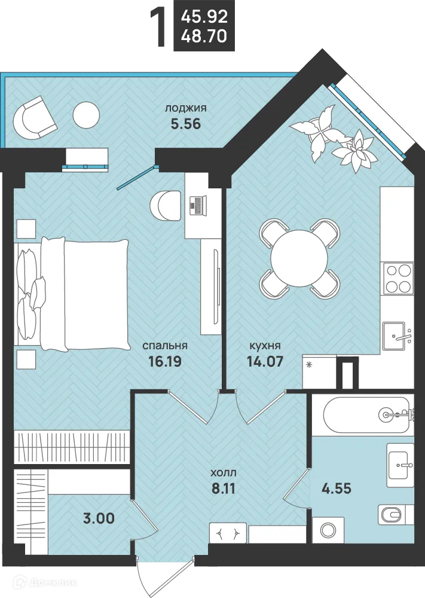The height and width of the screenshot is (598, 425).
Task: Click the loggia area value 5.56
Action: point(186,124)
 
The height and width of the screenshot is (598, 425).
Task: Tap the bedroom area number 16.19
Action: point(164,361)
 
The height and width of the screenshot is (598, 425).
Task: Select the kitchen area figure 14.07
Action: point(265,361)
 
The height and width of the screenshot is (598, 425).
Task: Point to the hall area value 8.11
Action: point(224,489)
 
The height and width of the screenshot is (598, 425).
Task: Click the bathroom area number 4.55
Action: point(336,488)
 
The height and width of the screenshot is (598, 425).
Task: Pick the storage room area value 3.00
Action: point(99,518)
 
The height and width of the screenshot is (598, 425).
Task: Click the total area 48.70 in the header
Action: point(204,36)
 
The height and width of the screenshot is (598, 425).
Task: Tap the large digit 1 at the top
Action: point(159,29)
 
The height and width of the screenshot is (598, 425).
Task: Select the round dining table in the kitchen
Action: point(299,258)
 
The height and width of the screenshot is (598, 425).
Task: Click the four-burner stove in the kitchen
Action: point(398,278)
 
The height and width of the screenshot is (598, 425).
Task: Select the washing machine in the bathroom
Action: point(328,530)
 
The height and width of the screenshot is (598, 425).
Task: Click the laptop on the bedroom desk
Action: point(198,206)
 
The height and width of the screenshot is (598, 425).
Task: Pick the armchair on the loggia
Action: point(35,118)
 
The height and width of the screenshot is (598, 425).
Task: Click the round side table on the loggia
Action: point(86,115)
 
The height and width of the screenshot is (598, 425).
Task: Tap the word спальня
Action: point(165,346)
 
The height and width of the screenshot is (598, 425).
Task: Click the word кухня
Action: point(265,346)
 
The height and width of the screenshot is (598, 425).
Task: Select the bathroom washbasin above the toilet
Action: point(400,465)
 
